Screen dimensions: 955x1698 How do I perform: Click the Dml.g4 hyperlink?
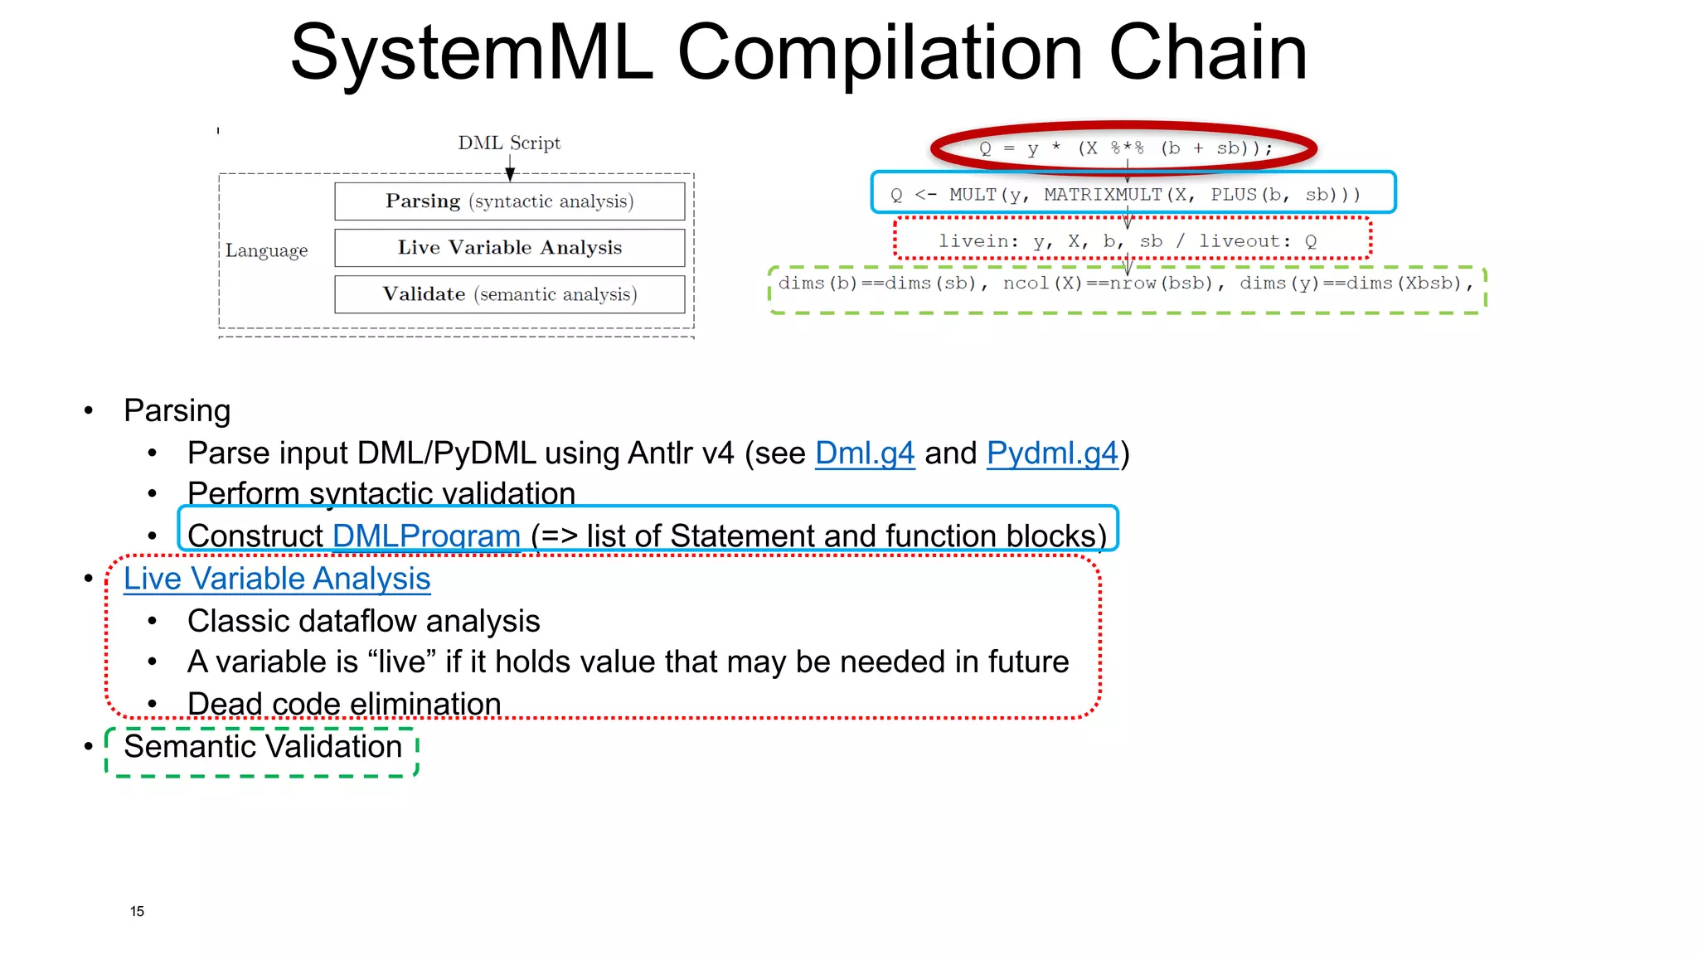click(x=864, y=453)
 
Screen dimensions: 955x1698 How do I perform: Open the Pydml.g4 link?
click(x=1052, y=453)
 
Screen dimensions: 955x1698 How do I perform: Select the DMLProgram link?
click(x=426, y=536)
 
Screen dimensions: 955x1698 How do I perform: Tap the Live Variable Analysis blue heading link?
click(x=277, y=579)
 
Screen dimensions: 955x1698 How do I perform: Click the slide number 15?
click(x=137, y=911)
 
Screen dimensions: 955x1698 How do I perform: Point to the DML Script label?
click(x=509, y=143)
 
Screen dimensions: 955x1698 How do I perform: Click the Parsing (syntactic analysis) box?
click(x=509, y=201)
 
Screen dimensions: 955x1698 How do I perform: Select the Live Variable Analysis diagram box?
click(x=509, y=248)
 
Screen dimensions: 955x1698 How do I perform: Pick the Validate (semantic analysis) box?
click(x=509, y=294)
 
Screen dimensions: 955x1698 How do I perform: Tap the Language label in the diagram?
click(x=266, y=250)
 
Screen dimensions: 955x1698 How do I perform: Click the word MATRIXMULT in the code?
click(x=1102, y=195)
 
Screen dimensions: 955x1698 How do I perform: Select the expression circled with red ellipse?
click(x=1124, y=148)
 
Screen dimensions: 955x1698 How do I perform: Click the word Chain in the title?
click(x=1207, y=53)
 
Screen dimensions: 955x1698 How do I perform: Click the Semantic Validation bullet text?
click(x=263, y=747)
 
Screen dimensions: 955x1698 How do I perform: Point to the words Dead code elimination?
click(x=344, y=704)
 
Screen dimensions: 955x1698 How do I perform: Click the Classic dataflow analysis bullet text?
click(x=363, y=621)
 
